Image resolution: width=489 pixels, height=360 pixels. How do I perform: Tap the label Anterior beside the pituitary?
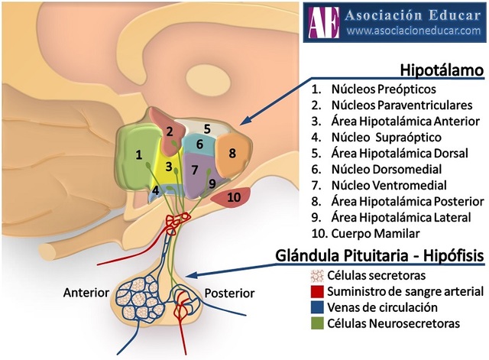pos(87,292)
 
